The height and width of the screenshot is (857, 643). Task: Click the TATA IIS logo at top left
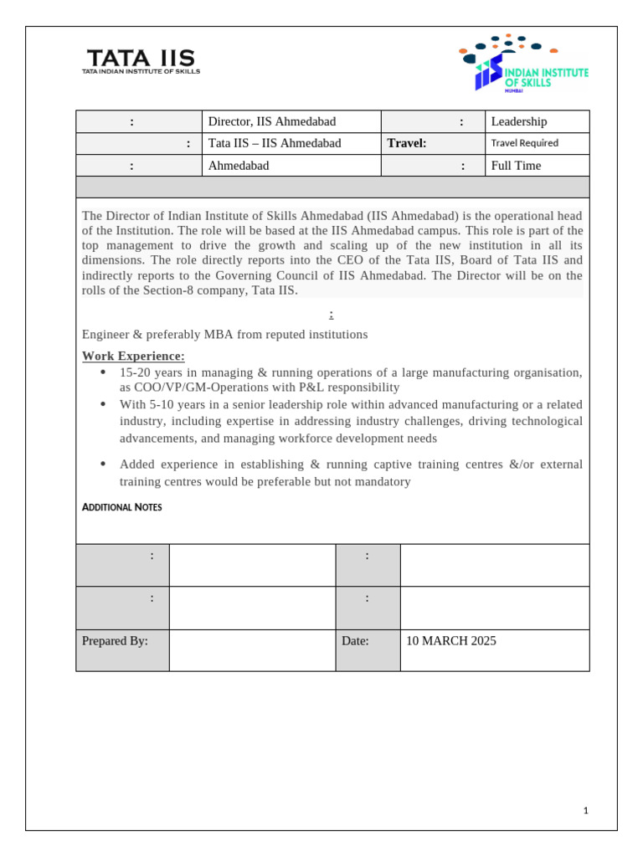pyautogui.click(x=141, y=61)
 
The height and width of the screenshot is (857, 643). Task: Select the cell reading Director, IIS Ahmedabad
pyautogui.click(x=271, y=121)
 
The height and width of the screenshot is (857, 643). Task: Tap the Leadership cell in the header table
pyautogui.click(x=518, y=121)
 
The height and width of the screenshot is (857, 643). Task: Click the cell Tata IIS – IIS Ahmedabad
pyautogui.click(x=275, y=143)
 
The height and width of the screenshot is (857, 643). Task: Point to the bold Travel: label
pyautogui.click(x=407, y=143)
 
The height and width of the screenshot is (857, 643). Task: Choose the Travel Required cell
pyautogui.click(x=524, y=143)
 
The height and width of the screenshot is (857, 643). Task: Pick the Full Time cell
pyautogui.click(x=516, y=166)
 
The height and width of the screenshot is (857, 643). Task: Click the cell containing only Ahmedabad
pyautogui.click(x=239, y=166)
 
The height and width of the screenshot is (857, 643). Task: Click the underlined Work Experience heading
pyautogui.click(x=133, y=357)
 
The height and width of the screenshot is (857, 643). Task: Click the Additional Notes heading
pyautogui.click(x=122, y=507)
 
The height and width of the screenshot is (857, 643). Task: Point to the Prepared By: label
pyautogui.click(x=115, y=641)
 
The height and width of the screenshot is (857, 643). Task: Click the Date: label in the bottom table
pyautogui.click(x=355, y=641)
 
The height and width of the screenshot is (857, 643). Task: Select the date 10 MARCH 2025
pyautogui.click(x=451, y=641)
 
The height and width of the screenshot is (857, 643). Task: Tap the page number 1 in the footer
pyautogui.click(x=586, y=810)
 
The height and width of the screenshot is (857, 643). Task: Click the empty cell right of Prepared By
pyautogui.click(x=252, y=650)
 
